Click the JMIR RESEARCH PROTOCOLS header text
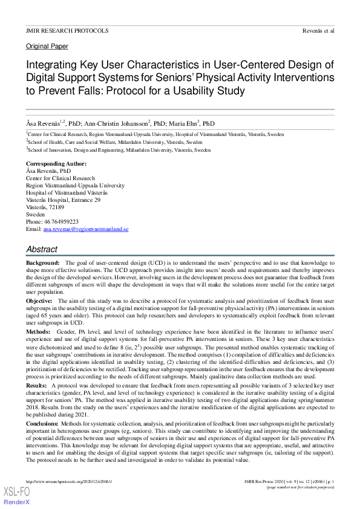[x=67, y=30]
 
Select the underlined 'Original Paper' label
[x=47, y=47]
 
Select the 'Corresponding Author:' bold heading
[x=56, y=164]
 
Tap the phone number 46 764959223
[x=61, y=222]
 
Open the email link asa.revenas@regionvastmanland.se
[x=86, y=229]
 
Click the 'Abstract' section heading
[x=42, y=249]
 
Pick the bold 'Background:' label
[x=43, y=264]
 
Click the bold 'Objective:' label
[x=41, y=300]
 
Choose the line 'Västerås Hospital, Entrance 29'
[x=64, y=200]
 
